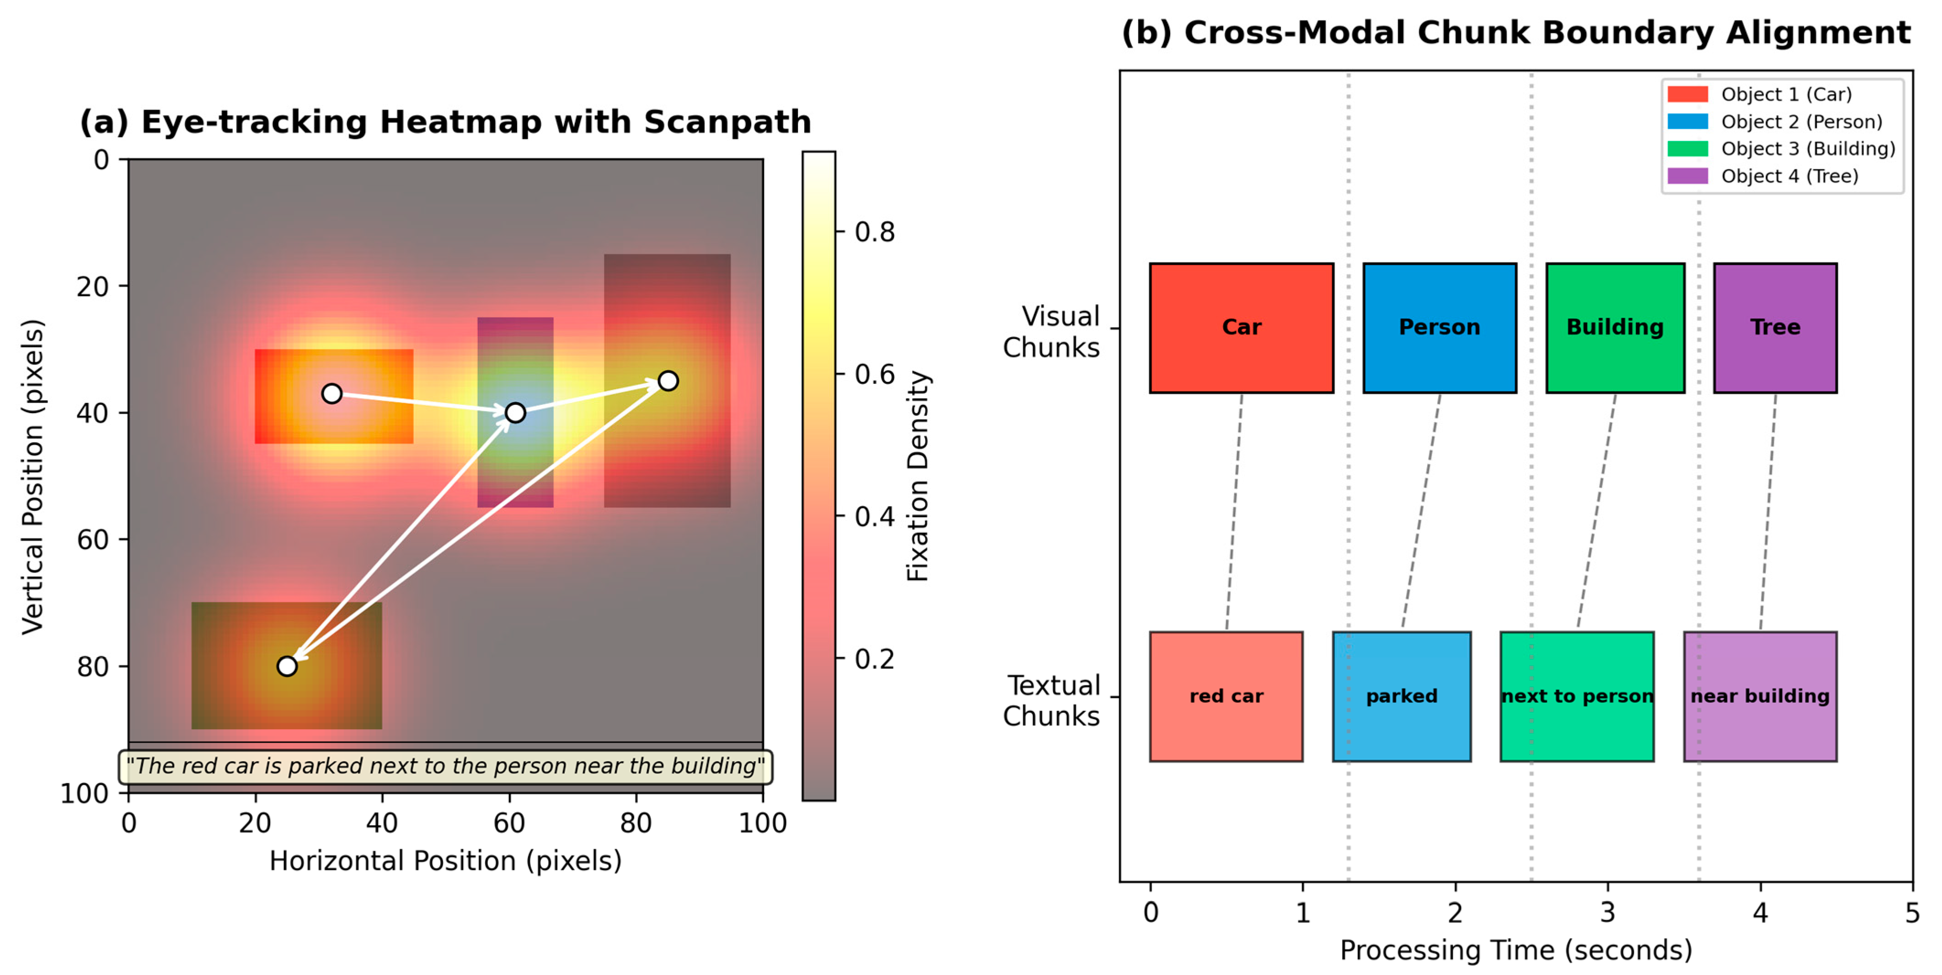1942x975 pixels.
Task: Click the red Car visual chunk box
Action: coord(1241,328)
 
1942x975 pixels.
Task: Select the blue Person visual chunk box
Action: coord(1439,328)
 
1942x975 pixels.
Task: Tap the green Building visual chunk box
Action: coord(1615,328)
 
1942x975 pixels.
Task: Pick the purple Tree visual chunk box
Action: coord(1775,328)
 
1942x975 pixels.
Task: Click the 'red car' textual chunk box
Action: coord(1226,696)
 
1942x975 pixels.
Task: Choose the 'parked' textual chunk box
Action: coord(1402,696)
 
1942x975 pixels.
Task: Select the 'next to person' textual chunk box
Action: coord(1577,696)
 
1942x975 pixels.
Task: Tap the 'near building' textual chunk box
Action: coord(1760,696)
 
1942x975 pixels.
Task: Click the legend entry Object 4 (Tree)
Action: coord(1789,176)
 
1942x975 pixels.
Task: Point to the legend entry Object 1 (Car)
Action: coord(1785,94)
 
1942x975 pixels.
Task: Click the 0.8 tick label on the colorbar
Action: coord(874,232)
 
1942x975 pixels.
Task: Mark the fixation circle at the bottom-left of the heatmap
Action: coord(286,666)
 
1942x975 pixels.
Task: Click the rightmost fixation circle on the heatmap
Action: coord(668,381)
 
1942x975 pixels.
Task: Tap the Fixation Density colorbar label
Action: coord(917,476)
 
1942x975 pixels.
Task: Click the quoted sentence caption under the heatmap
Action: coord(445,766)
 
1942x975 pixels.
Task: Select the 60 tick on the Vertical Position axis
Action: coord(93,540)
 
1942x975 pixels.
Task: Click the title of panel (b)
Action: coord(1515,33)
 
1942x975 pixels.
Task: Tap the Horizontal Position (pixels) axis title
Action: coord(445,860)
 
